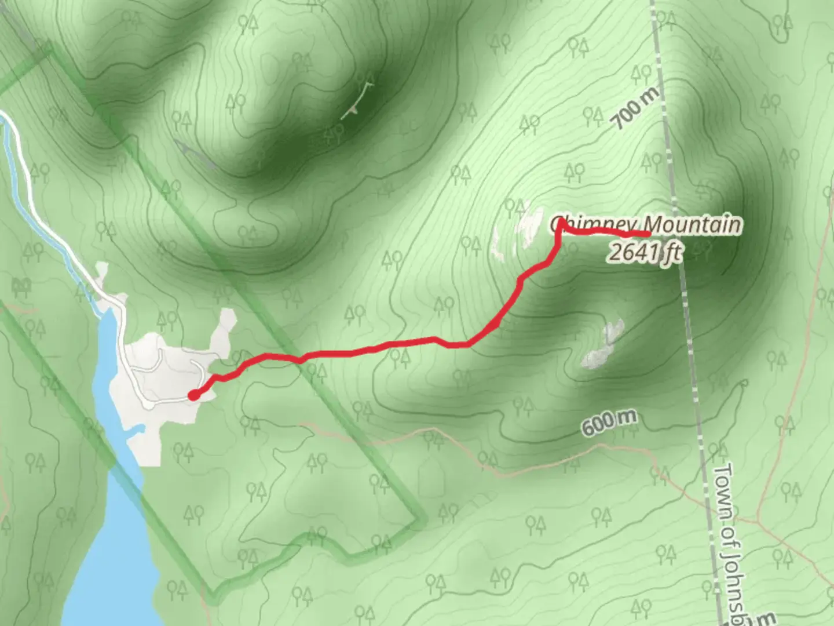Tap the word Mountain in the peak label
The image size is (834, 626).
tap(692, 224)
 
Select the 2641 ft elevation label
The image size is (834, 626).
tap(644, 253)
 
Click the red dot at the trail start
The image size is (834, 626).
tap(193, 395)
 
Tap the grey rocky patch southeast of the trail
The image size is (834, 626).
tap(602, 345)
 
